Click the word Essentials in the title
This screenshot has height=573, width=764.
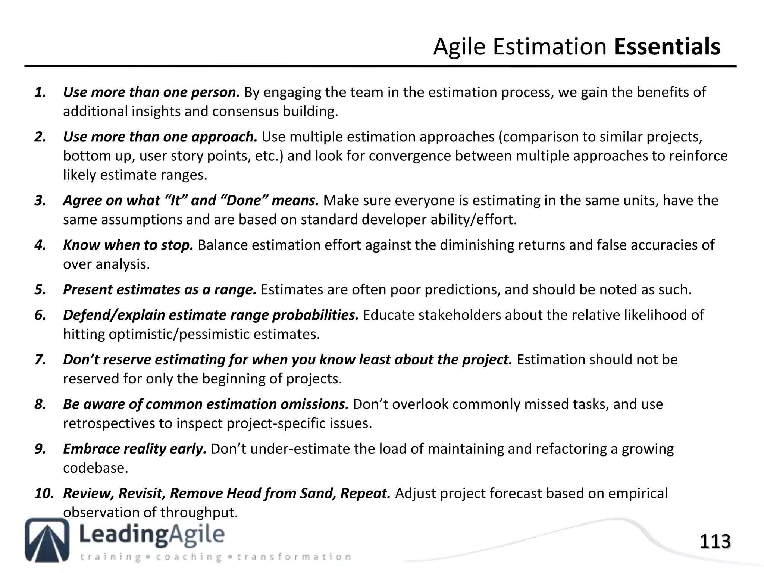pyautogui.click(x=667, y=47)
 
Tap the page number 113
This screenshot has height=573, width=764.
pyautogui.click(x=715, y=542)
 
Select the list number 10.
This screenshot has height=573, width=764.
pyautogui.click(x=44, y=494)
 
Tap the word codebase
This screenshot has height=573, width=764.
pyautogui.click(x=95, y=468)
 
